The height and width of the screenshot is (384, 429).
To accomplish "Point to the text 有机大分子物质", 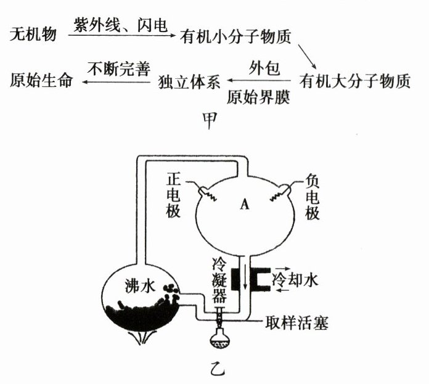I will pos(355,81).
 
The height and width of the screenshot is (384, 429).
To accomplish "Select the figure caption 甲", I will pos(210,120).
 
